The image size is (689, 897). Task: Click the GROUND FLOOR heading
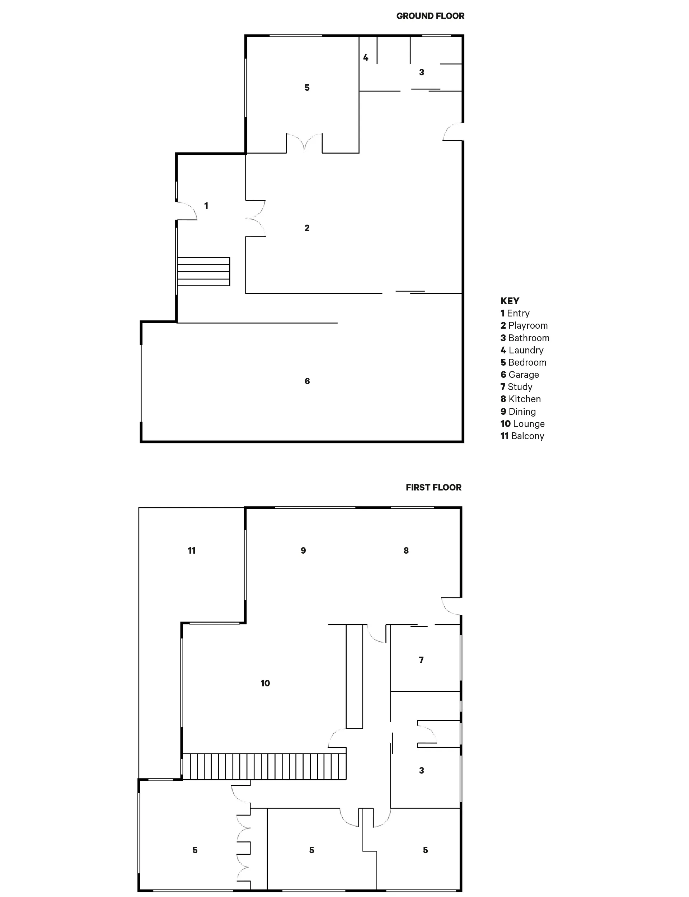point(430,16)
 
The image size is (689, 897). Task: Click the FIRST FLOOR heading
point(433,488)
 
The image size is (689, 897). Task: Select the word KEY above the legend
point(510,301)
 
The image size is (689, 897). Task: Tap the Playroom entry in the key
point(524,325)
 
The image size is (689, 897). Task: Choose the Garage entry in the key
point(520,375)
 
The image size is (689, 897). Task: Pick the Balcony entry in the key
point(522,436)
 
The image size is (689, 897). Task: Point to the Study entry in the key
point(516,387)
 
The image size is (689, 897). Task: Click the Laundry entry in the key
point(522,350)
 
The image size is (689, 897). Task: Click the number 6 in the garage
point(307,381)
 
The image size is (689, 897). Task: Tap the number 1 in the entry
point(206,206)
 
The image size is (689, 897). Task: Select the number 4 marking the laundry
point(366,58)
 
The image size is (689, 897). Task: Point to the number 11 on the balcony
point(192,551)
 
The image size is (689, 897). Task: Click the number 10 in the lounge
point(265,683)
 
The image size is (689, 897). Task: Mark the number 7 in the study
point(421,659)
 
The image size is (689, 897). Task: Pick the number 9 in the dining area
point(304,551)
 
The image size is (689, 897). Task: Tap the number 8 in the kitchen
point(406,551)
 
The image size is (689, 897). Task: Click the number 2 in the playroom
point(307,228)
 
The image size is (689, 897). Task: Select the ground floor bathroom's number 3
point(422,72)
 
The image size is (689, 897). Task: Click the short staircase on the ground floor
point(203,271)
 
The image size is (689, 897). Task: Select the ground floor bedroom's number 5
point(307,88)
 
